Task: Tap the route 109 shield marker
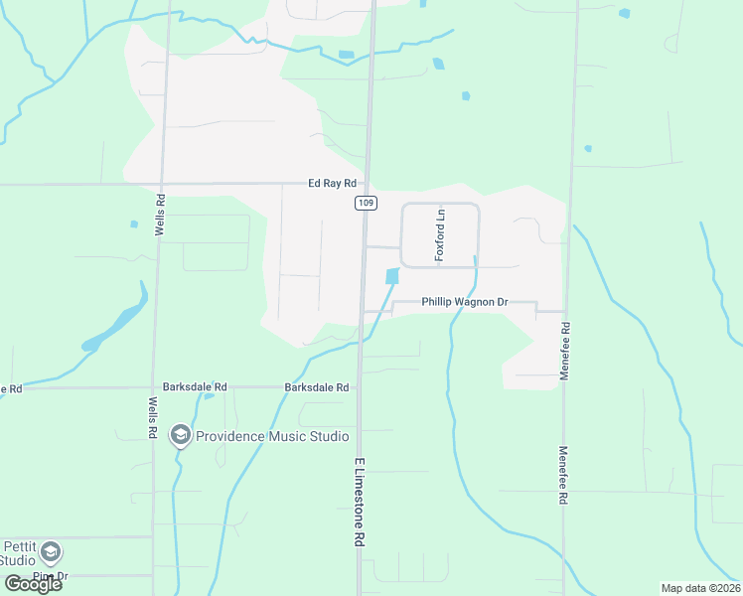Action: [x=364, y=203]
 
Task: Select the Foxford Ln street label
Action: [x=441, y=234]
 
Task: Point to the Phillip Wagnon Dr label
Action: [x=464, y=301]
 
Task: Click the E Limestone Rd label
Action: [x=358, y=504]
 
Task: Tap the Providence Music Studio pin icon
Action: [x=180, y=434]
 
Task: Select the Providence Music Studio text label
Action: [x=271, y=436]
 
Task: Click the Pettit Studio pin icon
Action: [x=51, y=551]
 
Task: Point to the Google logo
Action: [x=33, y=583]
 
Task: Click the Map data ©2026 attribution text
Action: [x=699, y=587]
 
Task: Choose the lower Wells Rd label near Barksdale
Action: [x=152, y=418]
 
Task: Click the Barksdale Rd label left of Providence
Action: [x=195, y=386]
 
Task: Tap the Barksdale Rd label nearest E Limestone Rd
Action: [x=316, y=386]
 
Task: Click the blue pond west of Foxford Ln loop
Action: [x=391, y=280]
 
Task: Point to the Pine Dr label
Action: [x=49, y=575]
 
